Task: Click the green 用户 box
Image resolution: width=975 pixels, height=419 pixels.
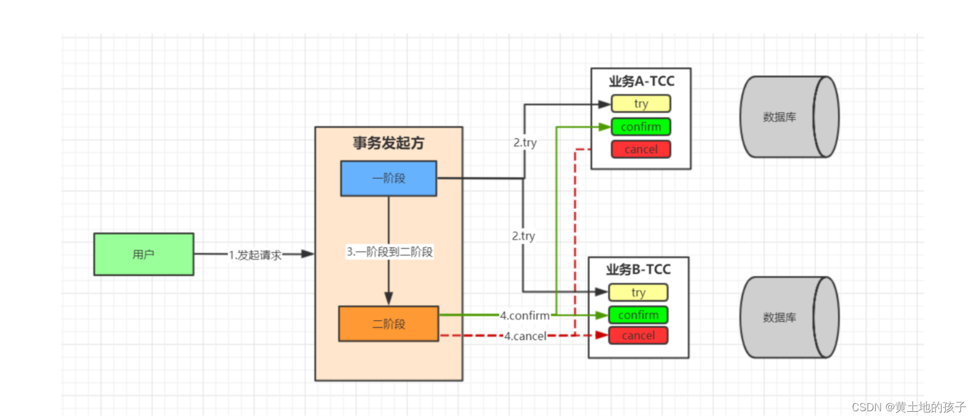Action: point(144,254)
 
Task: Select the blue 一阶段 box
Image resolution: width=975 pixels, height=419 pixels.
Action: point(388,178)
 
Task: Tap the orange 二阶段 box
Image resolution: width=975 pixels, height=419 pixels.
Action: point(388,324)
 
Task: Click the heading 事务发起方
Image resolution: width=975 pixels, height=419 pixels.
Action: point(388,143)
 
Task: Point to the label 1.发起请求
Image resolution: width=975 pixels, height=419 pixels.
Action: point(255,255)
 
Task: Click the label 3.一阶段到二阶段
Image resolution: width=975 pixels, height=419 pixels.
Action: point(389,252)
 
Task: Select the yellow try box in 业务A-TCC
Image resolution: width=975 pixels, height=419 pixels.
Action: point(641,104)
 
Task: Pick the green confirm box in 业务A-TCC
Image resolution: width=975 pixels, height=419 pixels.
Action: point(641,127)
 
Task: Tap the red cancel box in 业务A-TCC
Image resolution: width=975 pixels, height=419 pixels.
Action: point(641,150)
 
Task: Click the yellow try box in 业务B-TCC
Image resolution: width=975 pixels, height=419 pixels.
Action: point(638,293)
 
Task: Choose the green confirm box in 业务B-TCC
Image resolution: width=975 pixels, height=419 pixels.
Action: point(638,315)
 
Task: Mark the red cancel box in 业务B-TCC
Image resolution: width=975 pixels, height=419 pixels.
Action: point(638,336)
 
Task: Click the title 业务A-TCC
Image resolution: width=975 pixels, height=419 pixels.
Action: point(641,81)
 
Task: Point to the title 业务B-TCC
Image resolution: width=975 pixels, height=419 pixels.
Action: point(638,270)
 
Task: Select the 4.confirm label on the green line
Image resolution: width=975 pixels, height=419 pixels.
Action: point(525,315)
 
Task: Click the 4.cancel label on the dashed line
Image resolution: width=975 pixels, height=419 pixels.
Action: point(525,336)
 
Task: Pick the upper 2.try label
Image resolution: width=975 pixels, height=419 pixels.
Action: point(525,143)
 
